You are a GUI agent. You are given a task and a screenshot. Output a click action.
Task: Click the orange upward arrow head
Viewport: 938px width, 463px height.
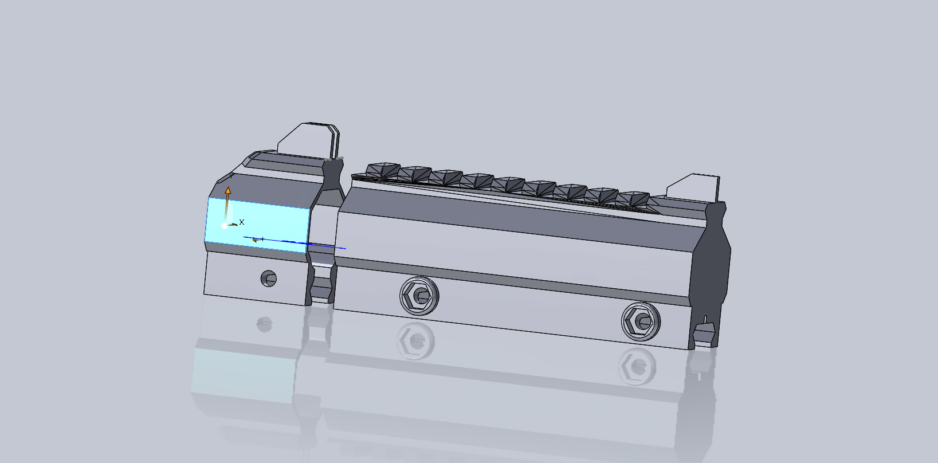227,190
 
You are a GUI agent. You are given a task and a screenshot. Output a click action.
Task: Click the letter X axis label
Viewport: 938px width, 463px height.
242,222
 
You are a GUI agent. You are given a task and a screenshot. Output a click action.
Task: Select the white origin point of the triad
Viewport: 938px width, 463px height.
225,225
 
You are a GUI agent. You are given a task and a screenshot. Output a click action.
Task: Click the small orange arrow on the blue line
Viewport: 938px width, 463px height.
256,239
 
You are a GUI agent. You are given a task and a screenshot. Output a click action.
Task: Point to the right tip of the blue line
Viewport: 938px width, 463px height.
344,248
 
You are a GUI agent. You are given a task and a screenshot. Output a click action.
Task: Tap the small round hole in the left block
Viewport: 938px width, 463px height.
268,278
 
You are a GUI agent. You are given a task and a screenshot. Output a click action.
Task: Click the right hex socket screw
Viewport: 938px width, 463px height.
639,323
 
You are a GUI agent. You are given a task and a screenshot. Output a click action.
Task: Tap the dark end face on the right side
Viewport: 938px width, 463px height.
711,269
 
